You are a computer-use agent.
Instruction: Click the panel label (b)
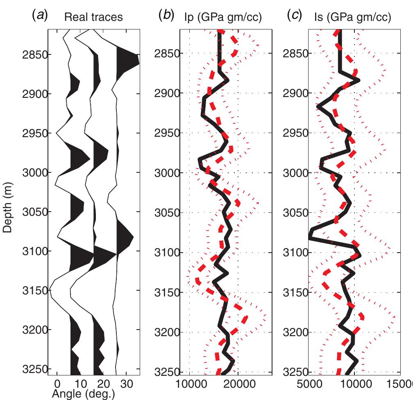click(166, 16)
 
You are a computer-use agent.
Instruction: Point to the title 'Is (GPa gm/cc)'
click(352, 17)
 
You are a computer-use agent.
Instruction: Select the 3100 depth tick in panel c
click(293, 253)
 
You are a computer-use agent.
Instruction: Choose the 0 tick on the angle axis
click(57, 384)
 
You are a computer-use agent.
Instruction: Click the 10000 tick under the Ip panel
click(189, 384)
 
